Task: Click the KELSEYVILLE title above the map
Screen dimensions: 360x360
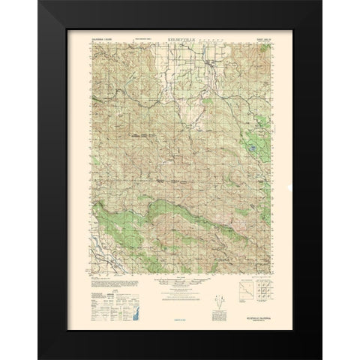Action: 179,40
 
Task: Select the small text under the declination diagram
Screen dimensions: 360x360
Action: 180,319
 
